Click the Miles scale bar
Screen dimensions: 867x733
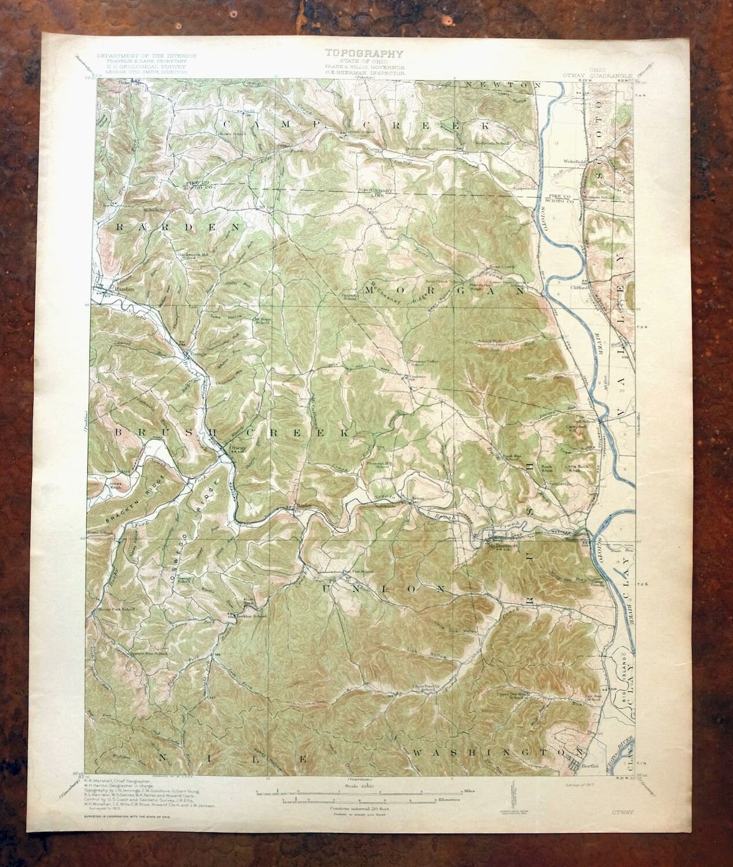click(x=370, y=788)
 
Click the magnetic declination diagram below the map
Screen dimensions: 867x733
click(x=512, y=795)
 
